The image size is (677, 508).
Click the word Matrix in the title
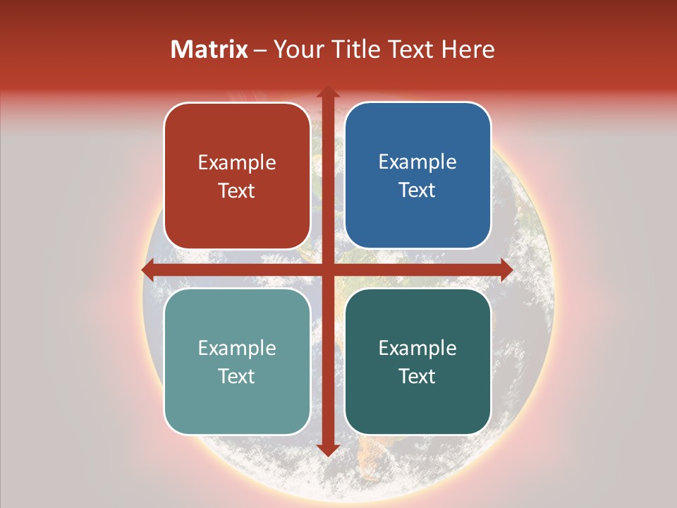tap(209, 49)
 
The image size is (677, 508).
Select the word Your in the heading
tap(297, 49)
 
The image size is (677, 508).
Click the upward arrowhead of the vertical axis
tap(327, 92)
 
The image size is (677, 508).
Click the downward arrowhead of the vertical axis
tap(327, 449)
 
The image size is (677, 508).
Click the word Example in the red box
tap(237, 163)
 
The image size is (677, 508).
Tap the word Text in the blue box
tap(417, 190)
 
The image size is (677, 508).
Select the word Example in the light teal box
tap(237, 348)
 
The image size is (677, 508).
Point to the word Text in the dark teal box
tap(417, 376)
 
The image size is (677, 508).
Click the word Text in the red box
tap(237, 190)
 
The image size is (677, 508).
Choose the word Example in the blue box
tap(417, 162)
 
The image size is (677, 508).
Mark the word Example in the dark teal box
tap(417, 348)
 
